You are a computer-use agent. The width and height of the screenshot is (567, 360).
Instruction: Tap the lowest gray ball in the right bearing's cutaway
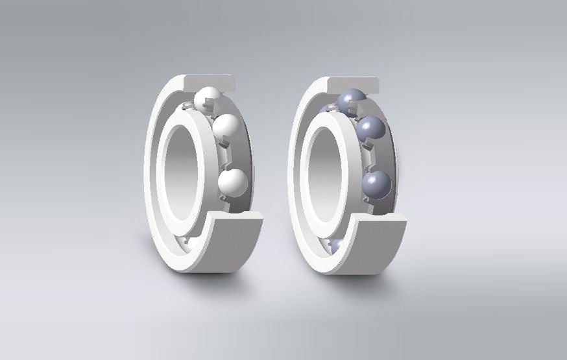pos(377,183)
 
